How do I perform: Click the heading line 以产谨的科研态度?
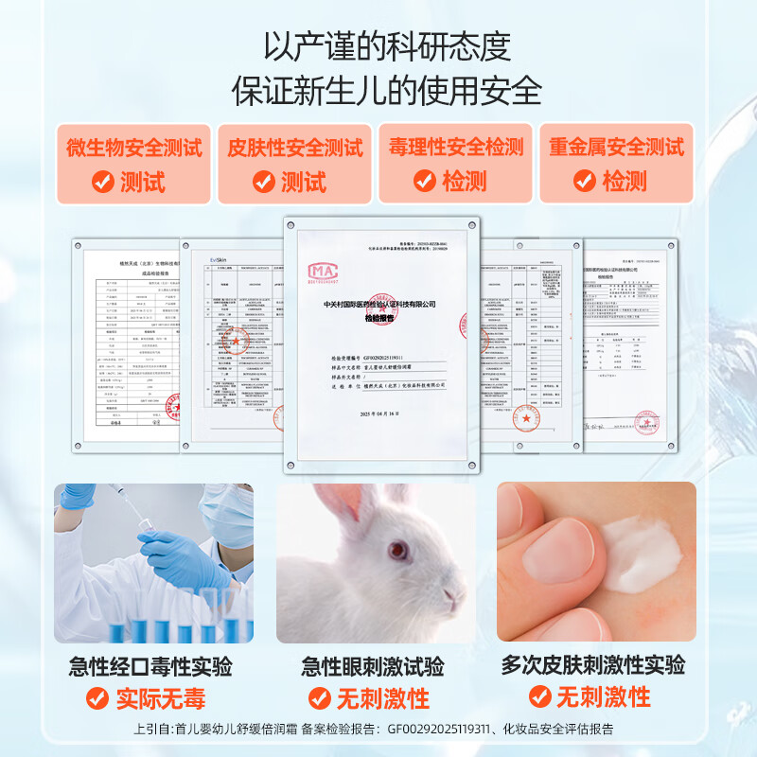coord(378,45)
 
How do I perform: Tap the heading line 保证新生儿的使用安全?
coord(378,93)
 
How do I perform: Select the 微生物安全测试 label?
coord(133,148)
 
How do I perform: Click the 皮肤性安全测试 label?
coord(294,148)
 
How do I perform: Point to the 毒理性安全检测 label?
coord(455,148)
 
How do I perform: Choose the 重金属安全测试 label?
coord(616,148)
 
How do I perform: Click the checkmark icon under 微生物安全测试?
coord(102,182)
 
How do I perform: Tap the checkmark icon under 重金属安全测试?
coord(585,182)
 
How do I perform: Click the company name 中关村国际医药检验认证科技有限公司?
coord(378,305)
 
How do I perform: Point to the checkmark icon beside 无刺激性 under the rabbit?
coord(321,699)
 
